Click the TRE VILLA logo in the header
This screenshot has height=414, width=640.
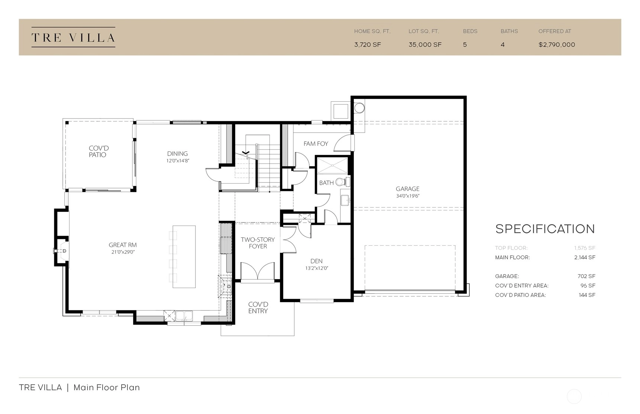[73, 37]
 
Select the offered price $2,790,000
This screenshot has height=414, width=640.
[557, 45]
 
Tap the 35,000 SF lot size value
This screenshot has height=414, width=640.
[425, 45]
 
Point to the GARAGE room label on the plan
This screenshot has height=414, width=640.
[407, 189]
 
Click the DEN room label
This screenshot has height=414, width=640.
[316, 261]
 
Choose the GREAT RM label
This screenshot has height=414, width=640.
[123, 245]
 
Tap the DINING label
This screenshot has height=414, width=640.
[177, 153]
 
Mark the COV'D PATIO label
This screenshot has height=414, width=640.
[98, 152]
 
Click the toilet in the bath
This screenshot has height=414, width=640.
[342, 182]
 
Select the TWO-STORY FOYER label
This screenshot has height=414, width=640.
[258, 243]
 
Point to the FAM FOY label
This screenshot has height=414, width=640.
[316, 143]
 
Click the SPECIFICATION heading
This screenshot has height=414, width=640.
[545, 229]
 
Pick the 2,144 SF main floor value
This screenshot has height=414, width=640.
[585, 257]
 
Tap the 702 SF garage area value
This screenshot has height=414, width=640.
[587, 276]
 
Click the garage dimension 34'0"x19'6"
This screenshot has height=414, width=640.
[407, 196]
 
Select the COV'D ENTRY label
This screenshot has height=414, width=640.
[258, 308]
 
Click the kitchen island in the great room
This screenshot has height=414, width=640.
[184, 257]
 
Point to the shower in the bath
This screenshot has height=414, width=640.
[332, 165]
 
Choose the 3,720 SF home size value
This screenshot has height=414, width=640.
[368, 45]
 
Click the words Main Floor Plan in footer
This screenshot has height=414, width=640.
[107, 388]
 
